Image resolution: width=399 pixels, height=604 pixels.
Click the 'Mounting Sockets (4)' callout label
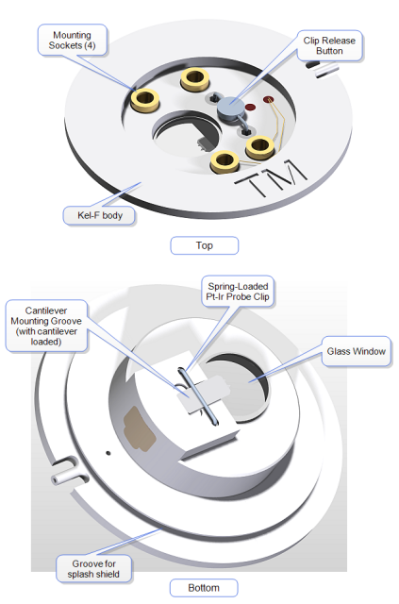(x=72, y=41)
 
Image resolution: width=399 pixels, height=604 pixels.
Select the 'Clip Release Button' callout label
(x=329, y=45)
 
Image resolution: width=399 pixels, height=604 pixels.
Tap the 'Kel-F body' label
(x=100, y=215)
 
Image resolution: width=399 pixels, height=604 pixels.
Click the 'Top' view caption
(x=204, y=245)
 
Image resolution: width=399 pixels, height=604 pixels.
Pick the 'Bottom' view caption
(x=204, y=588)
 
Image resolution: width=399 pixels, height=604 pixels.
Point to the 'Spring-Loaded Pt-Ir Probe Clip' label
(x=238, y=292)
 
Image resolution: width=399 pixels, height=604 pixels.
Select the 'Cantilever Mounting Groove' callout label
(x=46, y=326)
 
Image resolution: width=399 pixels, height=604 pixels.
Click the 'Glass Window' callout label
(x=357, y=351)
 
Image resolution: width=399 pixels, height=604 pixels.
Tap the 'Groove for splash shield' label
(x=93, y=569)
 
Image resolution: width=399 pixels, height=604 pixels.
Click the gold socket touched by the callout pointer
(x=145, y=100)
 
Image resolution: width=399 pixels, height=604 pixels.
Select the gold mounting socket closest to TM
(x=224, y=161)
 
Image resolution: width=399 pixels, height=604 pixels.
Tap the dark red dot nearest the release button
(x=250, y=107)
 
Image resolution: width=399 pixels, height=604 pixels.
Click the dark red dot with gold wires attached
(x=269, y=100)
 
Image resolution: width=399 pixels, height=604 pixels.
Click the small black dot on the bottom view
(x=108, y=453)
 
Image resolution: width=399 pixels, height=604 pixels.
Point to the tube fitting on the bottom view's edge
(x=69, y=473)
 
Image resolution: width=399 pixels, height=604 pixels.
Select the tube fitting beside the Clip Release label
(x=324, y=70)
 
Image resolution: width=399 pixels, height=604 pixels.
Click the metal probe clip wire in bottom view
(x=197, y=396)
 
